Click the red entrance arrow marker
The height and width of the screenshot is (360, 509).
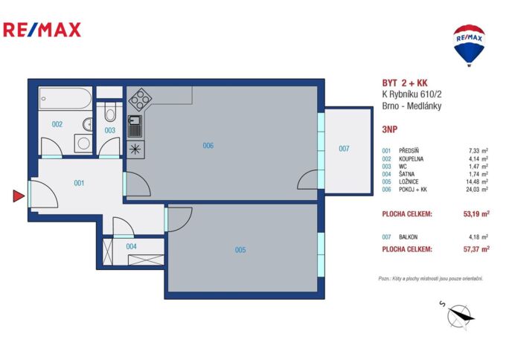(18, 196)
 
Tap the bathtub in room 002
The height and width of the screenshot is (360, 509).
(65, 99)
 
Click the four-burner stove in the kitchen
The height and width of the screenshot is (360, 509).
(140, 99)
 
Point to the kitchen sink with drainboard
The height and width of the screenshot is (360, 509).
(135, 126)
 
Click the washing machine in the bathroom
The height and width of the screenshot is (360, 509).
(83, 144)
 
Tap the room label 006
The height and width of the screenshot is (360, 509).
(208, 146)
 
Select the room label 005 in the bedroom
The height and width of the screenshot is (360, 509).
(240, 250)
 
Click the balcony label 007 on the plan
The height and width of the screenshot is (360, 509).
(344, 149)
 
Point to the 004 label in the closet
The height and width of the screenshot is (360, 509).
(131, 246)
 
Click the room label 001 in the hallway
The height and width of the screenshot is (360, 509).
(79, 183)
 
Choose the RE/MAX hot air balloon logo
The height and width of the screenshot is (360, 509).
(469, 45)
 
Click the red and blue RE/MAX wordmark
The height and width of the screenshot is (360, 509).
(42, 30)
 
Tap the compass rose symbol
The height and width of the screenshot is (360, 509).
(458, 315)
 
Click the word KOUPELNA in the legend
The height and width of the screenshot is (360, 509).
(411, 159)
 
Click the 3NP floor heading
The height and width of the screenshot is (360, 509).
(389, 129)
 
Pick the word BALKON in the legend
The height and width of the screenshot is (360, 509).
(408, 237)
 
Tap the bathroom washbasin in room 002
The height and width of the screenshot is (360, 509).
(88, 124)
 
